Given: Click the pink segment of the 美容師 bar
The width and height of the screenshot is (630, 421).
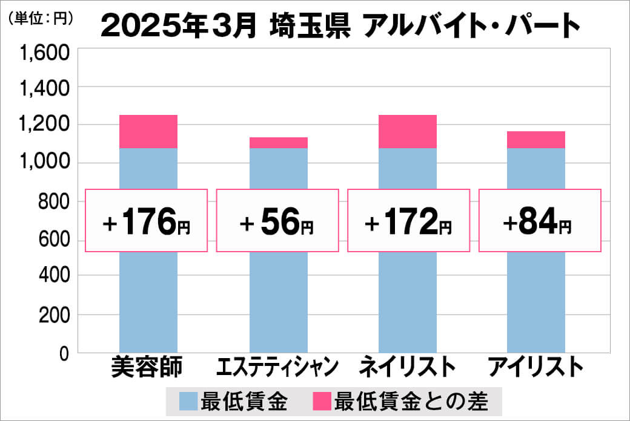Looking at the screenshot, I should pos(148,131).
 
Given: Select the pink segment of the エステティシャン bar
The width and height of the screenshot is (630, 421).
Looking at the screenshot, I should pos(279,143).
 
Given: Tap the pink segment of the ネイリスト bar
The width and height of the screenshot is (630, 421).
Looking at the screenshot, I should pos(408,131).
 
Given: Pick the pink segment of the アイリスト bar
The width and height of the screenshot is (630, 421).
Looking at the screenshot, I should pos(536,140).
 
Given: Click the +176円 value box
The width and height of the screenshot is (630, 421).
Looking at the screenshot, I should pos(147,221).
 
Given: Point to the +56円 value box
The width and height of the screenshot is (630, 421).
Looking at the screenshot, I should pos(277,221).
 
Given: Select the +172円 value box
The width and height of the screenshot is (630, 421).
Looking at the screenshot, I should pos(408,221).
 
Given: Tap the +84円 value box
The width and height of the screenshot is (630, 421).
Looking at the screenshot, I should pos(540,221).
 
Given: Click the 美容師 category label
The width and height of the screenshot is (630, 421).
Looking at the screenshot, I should pos(147,367).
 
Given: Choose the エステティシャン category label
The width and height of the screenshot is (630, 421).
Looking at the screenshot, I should pos(277,367).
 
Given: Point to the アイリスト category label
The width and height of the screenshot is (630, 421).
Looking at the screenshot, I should pos(536,367).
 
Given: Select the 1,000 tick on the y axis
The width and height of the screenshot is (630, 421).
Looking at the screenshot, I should pos(46,163).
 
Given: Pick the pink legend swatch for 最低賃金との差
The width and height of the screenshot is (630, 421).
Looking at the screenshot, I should pos(322,401).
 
